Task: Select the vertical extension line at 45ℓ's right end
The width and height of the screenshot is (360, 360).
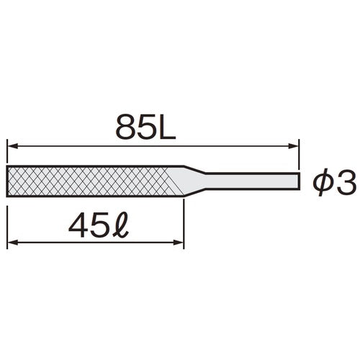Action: tap(184, 223)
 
